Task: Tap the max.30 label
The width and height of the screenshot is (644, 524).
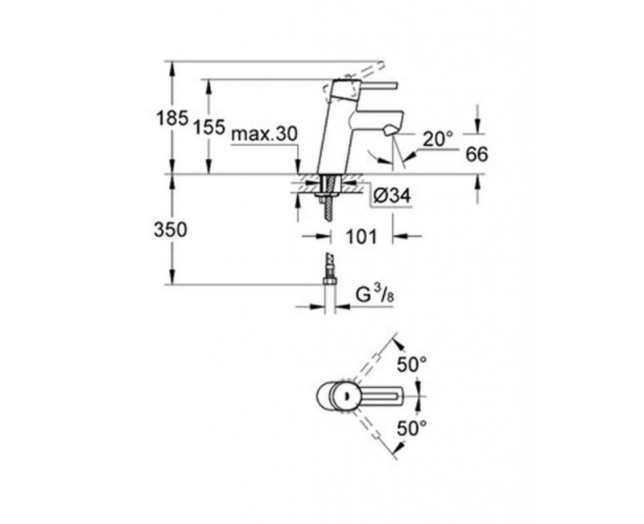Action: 264,135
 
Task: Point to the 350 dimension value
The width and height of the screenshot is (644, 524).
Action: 171,229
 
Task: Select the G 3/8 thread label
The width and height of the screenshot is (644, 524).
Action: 374,295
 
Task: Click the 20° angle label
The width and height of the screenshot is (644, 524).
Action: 440,139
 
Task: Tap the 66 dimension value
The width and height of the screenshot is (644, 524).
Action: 477,155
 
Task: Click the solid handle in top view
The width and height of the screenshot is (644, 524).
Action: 378,396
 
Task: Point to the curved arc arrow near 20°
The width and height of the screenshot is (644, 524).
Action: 372,155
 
